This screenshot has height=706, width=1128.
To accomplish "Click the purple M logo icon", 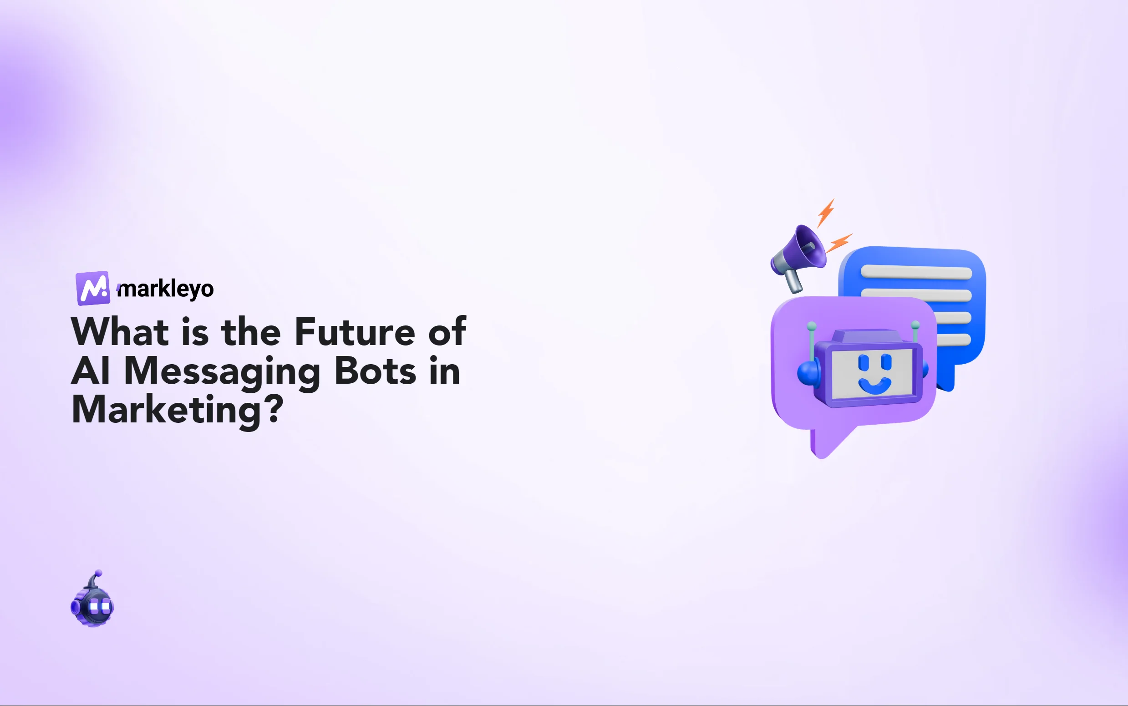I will click(x=93, y=288).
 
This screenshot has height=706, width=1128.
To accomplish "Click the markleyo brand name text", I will click(x=166, y=289).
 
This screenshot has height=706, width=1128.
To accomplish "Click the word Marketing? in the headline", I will click(x=178, y=410).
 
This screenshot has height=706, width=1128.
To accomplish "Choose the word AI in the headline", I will click(x=91, y=371).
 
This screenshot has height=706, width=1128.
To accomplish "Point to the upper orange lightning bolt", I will click(x=826, y=213).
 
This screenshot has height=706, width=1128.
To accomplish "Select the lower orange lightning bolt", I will click(x=839, y=243).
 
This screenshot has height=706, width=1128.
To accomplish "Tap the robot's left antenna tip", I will click(x=812, y=325).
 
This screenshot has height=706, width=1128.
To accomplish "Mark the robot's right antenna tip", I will click(x=915, y=324).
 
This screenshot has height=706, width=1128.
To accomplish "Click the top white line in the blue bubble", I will click(x=916, y=272).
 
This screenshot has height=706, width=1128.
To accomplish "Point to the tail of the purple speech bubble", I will click(x=826, y=444).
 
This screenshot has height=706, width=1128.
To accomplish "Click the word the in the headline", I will click(x=251, y=332).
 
